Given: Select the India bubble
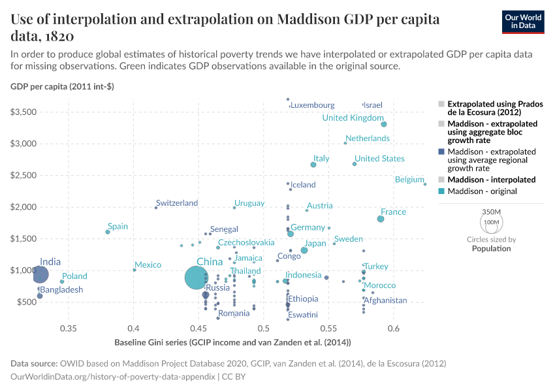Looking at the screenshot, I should pyautogui.click(x=40, y=274).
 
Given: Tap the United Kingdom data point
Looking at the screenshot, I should pyautogui.click(x=384, y=124).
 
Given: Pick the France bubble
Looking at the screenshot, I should pyautogui.click(x=381, y=219).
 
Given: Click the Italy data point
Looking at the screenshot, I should pyautogui.click(x=313, y=165).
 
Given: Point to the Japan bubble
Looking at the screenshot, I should pyautogui.click(x=304, y=250).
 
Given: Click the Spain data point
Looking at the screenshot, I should pyautogui.click(x=108, y=232).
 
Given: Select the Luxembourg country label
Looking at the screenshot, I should pyautogui.click(x=313, y=105).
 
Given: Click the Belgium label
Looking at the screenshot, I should pyautogui.click(x=409, y=180).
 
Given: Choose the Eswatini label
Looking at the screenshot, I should pyautogui.click(x=302, y=315).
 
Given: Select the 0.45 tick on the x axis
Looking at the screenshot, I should pyautogui.click(x=198, y=328).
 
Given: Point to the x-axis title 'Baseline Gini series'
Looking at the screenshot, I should pyautogui.click(x=233, y=342).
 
